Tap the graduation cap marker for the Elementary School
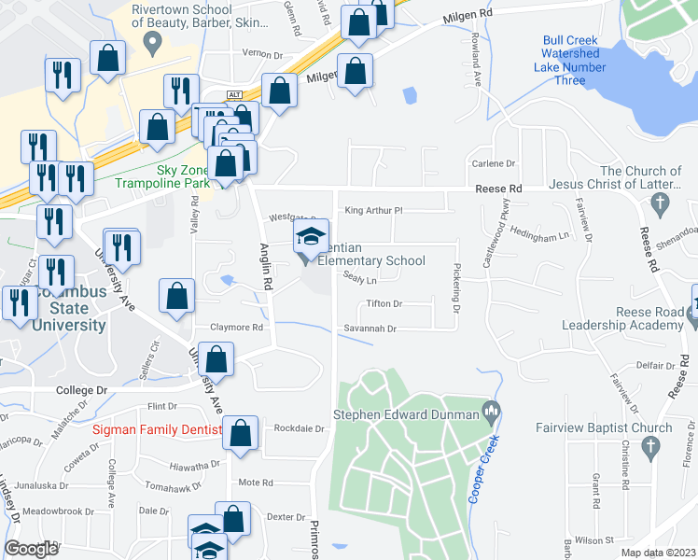coord(312,236)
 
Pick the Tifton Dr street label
coord(384,304)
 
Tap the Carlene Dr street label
coord(494,163)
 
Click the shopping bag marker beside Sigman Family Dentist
coord(241,433)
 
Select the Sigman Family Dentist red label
coord(158,429)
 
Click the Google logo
coord(31,549)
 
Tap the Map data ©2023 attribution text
coord(659,553)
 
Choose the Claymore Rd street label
coord(237,328)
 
